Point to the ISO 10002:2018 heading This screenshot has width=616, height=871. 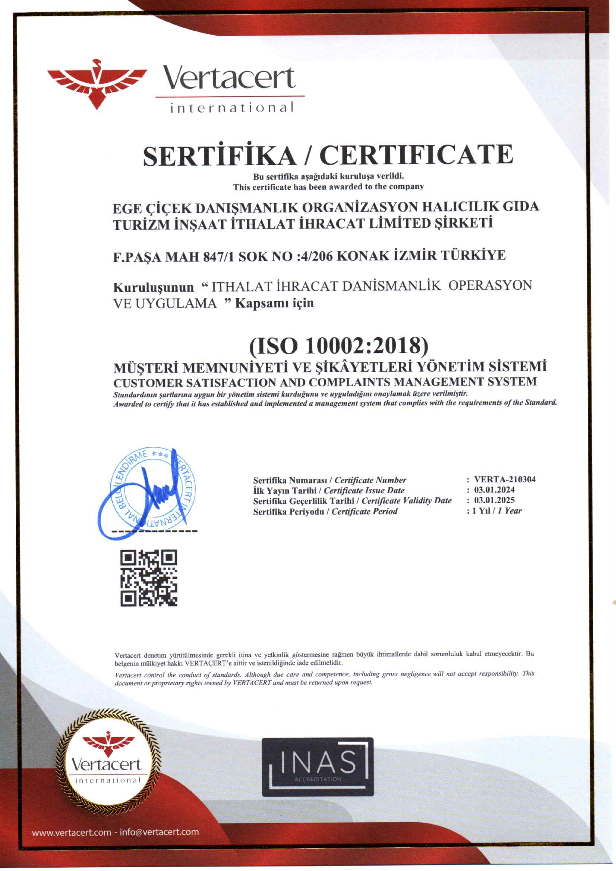338,345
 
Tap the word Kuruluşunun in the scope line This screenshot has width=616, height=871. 153,287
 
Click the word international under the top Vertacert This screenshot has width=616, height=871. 232,108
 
